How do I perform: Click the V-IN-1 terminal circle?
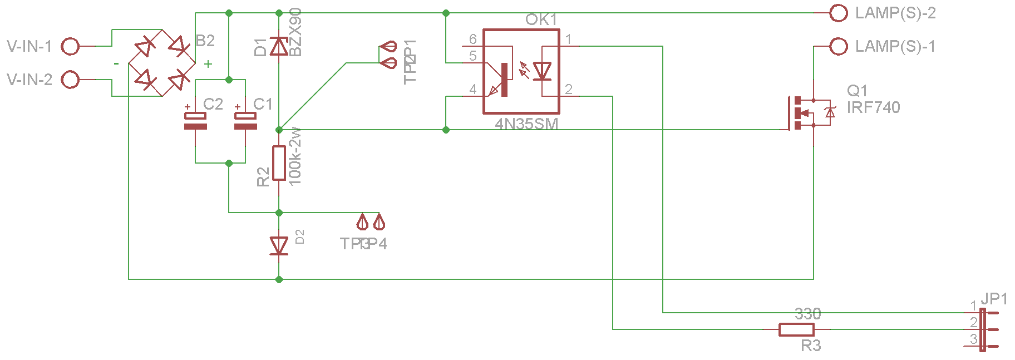coord(70,46)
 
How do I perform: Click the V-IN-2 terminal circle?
coord(70,80)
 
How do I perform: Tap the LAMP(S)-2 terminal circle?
coord(838,13)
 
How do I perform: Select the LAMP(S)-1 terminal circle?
coord(838,46)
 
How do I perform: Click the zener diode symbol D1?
coord(279,47)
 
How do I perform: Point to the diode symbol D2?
coord(279,245)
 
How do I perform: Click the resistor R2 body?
coord(279,163)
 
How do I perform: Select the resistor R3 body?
coord(796,329)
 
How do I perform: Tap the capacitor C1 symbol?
coord(245,121)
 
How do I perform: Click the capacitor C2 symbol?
coord(195,121)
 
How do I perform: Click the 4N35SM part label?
coord(526,124)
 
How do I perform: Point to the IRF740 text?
coord(873,107)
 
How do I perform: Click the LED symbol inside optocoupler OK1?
coord(542,71)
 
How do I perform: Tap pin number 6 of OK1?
coord(472,39)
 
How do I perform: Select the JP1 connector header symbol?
coord(983,329)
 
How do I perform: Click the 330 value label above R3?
coord(807,314)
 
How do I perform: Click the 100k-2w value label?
coord(295,156)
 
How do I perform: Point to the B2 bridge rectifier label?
coord(205,41)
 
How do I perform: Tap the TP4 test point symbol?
coord(379,223)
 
